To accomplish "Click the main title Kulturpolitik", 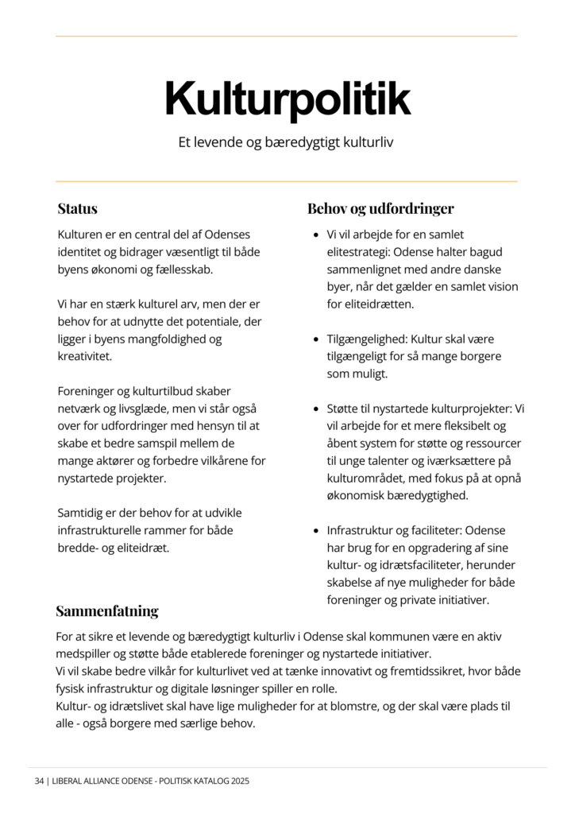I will [287, 99].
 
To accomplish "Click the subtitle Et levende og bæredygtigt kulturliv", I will [287, 144].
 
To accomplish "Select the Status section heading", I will [77, 209].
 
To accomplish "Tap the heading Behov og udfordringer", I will [380, 209].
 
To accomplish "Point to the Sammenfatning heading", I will [106, 611].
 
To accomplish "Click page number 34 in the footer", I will [39, 781].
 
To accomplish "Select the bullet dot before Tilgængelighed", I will [316, 339].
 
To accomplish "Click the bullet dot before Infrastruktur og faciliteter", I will [316, 530].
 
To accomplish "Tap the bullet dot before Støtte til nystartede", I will [316, 409].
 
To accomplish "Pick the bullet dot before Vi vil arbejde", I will [316, 235].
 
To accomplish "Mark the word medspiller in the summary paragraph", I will [87, 653].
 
